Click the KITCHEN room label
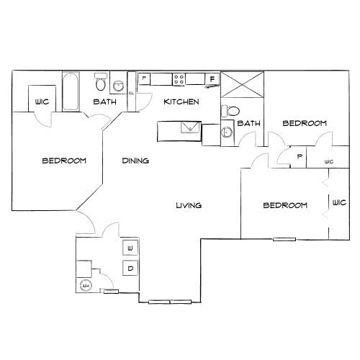click(181, 102)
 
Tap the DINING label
click(135, 161)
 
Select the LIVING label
click(189, 205)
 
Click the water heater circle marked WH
click(86, 286)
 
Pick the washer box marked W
click(130, 248)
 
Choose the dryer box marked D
click(130, 268)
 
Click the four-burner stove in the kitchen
click(179, 79)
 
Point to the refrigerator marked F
click(212, 79)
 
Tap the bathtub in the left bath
click(71, 91)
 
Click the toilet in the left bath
click(101, 82)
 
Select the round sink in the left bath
click(119, 86)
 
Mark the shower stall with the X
click(242, 84)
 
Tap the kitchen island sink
click(191, 127)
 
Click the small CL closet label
click(131, 93)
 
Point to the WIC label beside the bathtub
click(42, 102)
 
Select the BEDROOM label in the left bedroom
click(64, 161)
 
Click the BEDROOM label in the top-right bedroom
click(305, 123)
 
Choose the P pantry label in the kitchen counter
click(144, 78)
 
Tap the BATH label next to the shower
click(248, 123)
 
